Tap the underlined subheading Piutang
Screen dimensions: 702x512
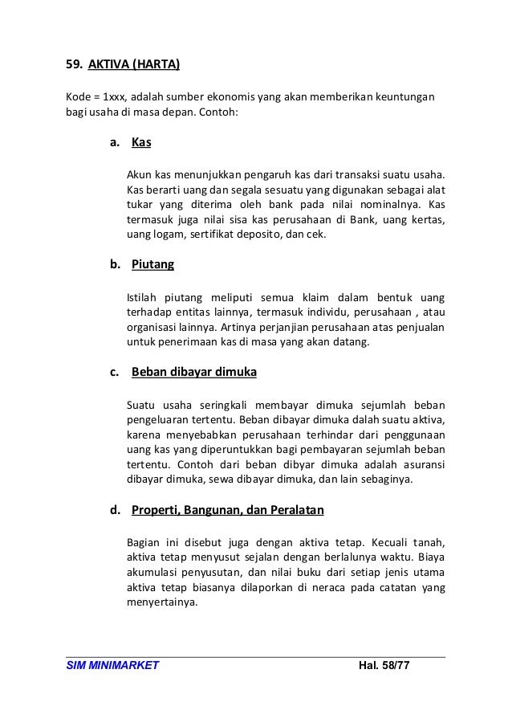pos(152,264)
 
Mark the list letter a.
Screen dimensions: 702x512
pos(115,144)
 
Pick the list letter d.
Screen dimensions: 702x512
pos(115,509)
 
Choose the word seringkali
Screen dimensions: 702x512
pos(225,404)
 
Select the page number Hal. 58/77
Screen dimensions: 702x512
pos(380,667)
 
